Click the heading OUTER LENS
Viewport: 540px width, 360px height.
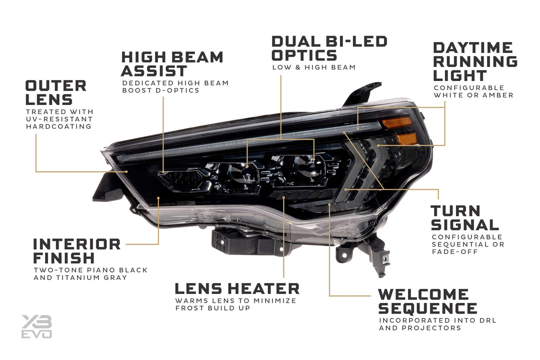(x=55, y=92)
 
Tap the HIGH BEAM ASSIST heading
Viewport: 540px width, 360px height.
(x=171, y=63)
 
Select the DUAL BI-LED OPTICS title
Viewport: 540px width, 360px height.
(x=329, y=48)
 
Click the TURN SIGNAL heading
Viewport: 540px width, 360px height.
(x=464, y=217)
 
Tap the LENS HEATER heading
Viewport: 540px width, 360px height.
(x=236, y=288)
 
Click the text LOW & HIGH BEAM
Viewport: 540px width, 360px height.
(x=313, y=67)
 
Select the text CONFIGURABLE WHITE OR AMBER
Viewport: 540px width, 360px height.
(x=473, y=91)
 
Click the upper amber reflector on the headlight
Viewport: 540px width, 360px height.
(x=396, y=122)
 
